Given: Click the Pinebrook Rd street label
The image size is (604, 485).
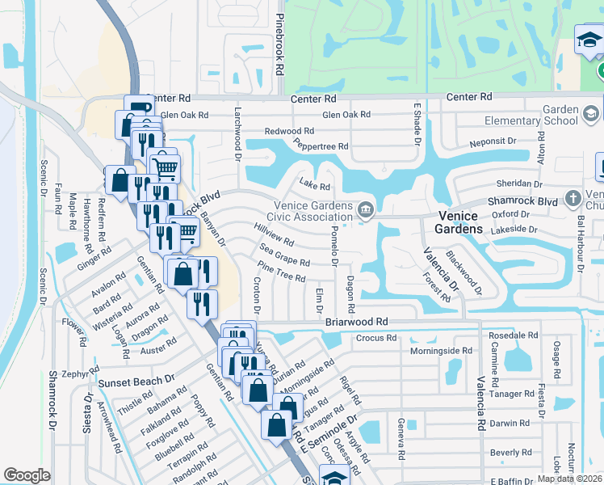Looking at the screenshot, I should [x=279, y=44].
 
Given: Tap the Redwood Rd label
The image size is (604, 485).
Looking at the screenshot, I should [x=290, y=131].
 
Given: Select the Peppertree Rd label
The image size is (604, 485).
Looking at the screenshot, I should [x=321, y=146].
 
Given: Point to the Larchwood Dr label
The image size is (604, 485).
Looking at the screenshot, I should [x=238, y=132].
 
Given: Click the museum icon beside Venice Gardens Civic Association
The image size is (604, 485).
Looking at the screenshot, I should [x=366, y=211].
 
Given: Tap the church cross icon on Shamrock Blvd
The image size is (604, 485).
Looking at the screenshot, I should [x=573, y=198].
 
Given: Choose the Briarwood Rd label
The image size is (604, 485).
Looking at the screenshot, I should [x=357, y=321].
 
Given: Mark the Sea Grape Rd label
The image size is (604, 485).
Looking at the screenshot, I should [x=283, y=262].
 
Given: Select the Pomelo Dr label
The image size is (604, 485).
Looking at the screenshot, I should [x=333, y=242].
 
